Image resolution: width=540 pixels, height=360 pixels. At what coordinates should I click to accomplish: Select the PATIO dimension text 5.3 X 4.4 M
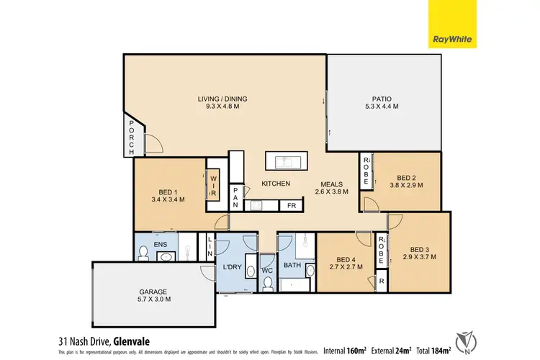pyautogui.click(x=380, y=107)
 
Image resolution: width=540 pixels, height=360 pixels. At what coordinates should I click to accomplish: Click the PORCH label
pyautogui.click(x=131, y=138)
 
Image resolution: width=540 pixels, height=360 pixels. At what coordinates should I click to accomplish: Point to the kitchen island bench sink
pyautogui.click(x=287, y=160)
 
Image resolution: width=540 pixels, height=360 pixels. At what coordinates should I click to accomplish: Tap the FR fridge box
pyautogui.click(x=292, y=206)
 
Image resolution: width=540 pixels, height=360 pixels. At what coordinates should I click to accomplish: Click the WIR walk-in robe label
pyautogui.click(x=214, y=185)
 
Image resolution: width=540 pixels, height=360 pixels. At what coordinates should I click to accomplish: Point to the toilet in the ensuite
pyautogui.click(x=143, y=252)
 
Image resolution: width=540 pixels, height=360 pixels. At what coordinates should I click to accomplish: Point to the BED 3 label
pyautogui.click(x=419, y=247)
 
